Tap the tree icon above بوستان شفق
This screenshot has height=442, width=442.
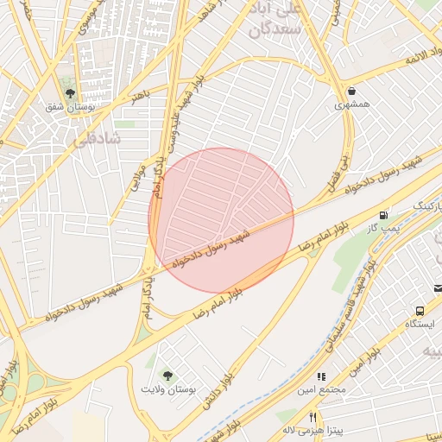click(70, 94)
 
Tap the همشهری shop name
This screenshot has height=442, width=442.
click(351, 105)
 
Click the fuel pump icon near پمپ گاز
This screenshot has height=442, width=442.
click(382, 213)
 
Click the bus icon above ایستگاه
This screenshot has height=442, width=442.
click(420, 310)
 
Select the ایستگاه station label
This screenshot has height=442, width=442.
click(419, 324)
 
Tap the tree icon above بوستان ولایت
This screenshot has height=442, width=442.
click(167, 376)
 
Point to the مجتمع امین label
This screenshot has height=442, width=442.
click(321, 390)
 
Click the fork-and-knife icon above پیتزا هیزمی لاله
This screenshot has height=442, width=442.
click(313, 416)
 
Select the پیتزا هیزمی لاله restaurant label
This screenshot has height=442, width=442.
click(313, 429)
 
